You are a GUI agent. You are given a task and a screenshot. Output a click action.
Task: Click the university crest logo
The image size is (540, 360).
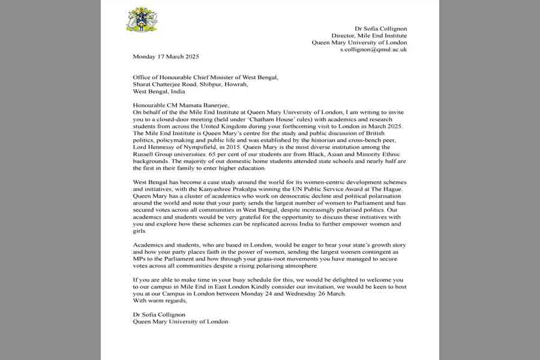point(142,20)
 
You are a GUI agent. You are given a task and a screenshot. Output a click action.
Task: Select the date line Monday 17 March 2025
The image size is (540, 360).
point(166,57)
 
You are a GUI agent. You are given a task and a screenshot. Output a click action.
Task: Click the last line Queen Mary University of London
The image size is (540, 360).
point(181,321)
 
